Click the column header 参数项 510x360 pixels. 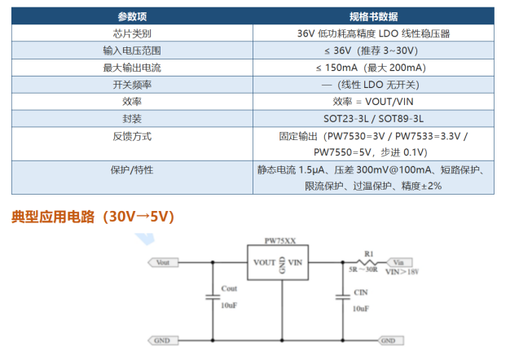[x=132, y=16]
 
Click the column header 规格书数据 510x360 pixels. [x=373, y=16]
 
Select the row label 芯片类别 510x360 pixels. [x=132, y=33]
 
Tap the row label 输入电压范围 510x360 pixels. [x=132, y=50]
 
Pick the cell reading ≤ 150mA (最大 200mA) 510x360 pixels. [x=371, y=68]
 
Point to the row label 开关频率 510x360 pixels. [x=132, y=85]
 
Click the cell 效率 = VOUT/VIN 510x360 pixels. [x=373, y=102]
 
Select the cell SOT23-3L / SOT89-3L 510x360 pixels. [x=373, y=119]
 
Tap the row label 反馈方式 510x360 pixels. [x=132, y=136]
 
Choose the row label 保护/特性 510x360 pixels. [x=132, y=169]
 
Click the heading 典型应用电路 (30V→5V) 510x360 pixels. [x=93, y=217]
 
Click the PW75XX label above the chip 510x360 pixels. [x=280, y=241]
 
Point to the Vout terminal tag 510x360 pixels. [x=163, y=262]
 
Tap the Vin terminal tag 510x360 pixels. [x=399, y=262]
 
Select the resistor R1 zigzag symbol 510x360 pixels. [x=367, y=262]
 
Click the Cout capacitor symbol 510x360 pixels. [x=213, y=296]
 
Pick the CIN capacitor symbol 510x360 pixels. [x=343, y=296]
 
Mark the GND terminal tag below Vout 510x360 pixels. [x=163, y=340]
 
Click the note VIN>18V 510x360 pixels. [x=402, y=272]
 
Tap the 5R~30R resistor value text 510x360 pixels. [x=363, y=270]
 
